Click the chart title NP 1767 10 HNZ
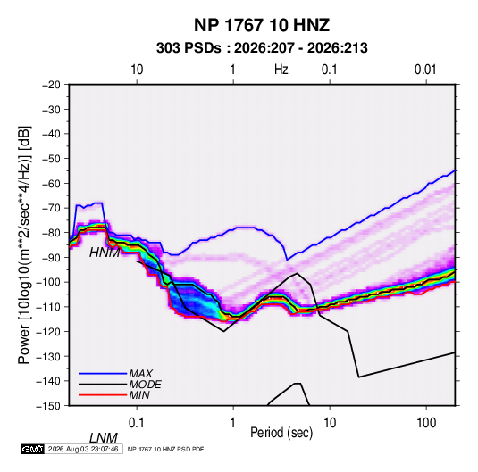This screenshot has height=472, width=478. point(262,25)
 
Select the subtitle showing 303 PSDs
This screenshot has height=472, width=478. point(262,48)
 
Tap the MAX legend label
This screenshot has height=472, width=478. point(141,374)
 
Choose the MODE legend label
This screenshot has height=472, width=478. point(145,385)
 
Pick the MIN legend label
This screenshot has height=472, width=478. point(139,395)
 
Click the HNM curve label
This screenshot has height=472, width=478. point(105,253)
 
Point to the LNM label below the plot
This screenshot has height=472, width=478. point(104,438)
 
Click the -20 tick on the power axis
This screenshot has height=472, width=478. point(51,85)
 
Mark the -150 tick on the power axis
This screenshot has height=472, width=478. point(48,406)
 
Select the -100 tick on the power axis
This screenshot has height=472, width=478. point(48,282)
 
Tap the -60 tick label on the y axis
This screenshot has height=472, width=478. point(51,183)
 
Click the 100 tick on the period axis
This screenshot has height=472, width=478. point(426,423)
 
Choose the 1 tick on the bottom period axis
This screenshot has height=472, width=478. point(233,423)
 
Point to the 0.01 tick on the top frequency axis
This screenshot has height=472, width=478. point(425,70)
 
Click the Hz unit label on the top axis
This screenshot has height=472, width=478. point(281,70)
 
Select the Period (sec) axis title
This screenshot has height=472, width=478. point(281,433)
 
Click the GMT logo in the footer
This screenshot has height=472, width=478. point(33,449)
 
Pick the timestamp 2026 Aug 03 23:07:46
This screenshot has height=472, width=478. point(83,449)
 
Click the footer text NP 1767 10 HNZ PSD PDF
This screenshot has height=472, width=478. point(165,450)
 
